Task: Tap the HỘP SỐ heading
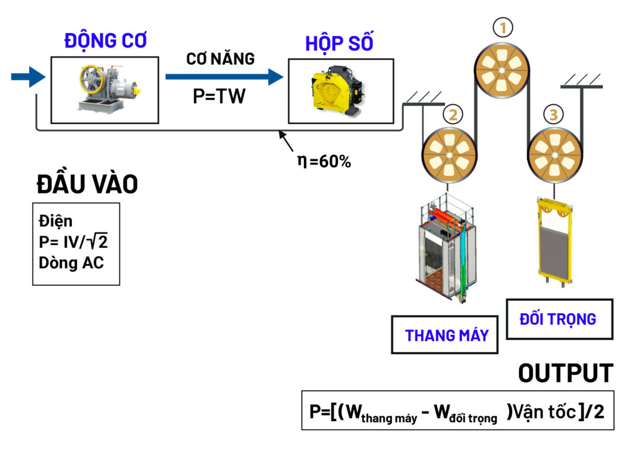(340, 44)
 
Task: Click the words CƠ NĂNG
(221, 60)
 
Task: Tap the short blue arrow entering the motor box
(29, 77)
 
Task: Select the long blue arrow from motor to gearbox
(223, 77)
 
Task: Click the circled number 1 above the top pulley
(503, 27)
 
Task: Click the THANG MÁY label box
(445, 335)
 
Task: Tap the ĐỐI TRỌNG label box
(558, 319)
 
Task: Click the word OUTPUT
(565, 373)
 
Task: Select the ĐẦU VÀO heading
(87, 184)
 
